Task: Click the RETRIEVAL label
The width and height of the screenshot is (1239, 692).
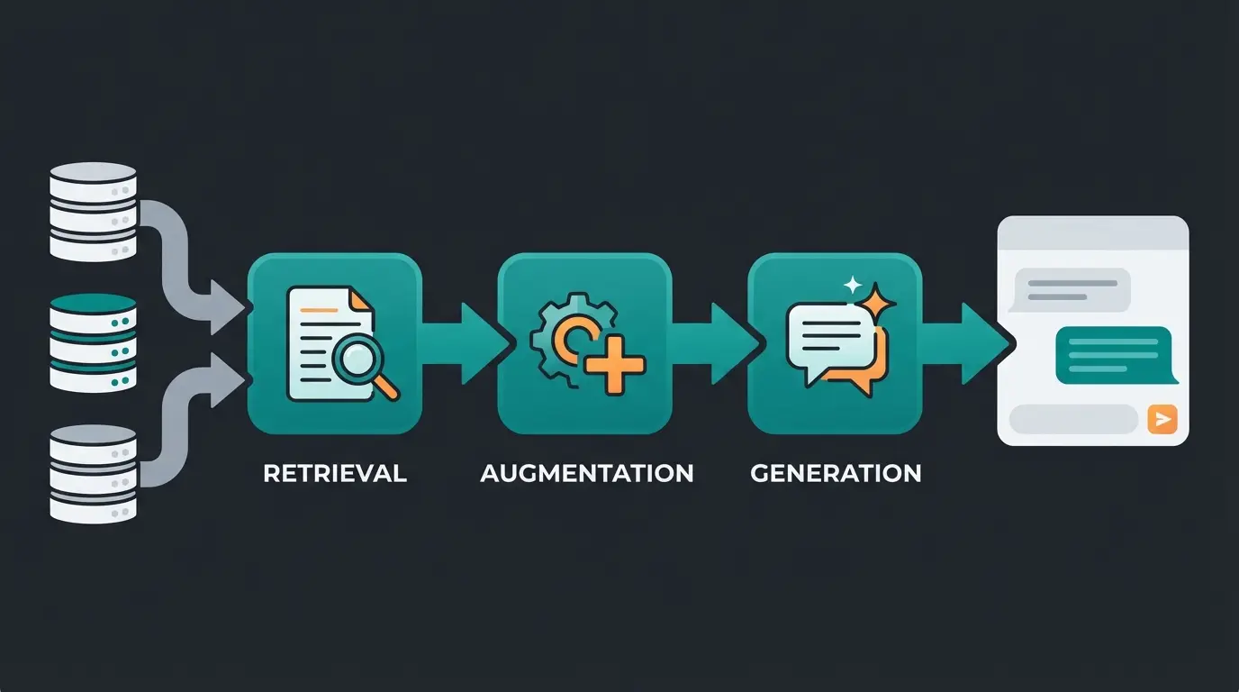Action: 335,473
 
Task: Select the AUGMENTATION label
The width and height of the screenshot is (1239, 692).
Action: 587,473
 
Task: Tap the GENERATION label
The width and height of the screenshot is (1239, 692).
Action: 836,473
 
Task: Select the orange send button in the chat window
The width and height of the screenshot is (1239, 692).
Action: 1163,419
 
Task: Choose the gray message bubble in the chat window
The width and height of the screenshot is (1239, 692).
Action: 1071,290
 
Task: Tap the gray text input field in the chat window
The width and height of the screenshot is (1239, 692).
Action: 1073,419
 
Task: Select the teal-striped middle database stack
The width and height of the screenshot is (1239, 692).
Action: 92,342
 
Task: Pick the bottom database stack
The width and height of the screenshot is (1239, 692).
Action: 92,473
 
